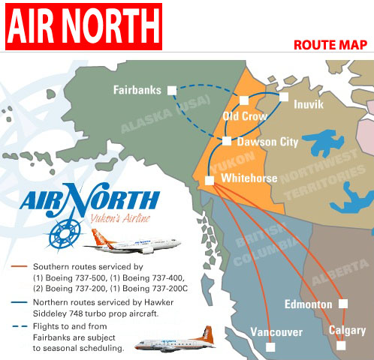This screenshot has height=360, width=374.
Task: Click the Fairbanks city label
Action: (x=137, y=90)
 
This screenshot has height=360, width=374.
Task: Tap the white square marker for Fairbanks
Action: (x=172, y=90)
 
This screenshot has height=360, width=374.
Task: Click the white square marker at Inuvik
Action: (x=284, y=97)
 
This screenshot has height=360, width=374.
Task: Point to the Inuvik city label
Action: (x=309, y=105)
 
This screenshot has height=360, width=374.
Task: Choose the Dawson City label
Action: (x=267, y=141)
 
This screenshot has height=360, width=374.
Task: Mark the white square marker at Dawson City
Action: (x=227, y=141)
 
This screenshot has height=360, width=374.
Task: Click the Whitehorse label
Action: (x=249, y=178)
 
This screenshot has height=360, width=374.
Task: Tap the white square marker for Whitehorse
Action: (x=210, y=180)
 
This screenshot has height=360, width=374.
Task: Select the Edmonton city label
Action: (x=308, y=304)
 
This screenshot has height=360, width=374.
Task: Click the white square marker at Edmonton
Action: (x=343, y=304)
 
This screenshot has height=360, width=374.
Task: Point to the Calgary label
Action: (x=347, y=331)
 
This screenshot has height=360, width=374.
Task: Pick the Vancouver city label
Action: (x=276, y=332)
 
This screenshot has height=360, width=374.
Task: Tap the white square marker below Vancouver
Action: (x=271, y=346)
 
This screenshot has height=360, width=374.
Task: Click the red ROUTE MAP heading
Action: (x=330, y=44)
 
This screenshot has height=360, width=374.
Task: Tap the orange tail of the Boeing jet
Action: (x=98, y=238)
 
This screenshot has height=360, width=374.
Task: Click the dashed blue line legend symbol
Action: (x=21, y=327)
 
